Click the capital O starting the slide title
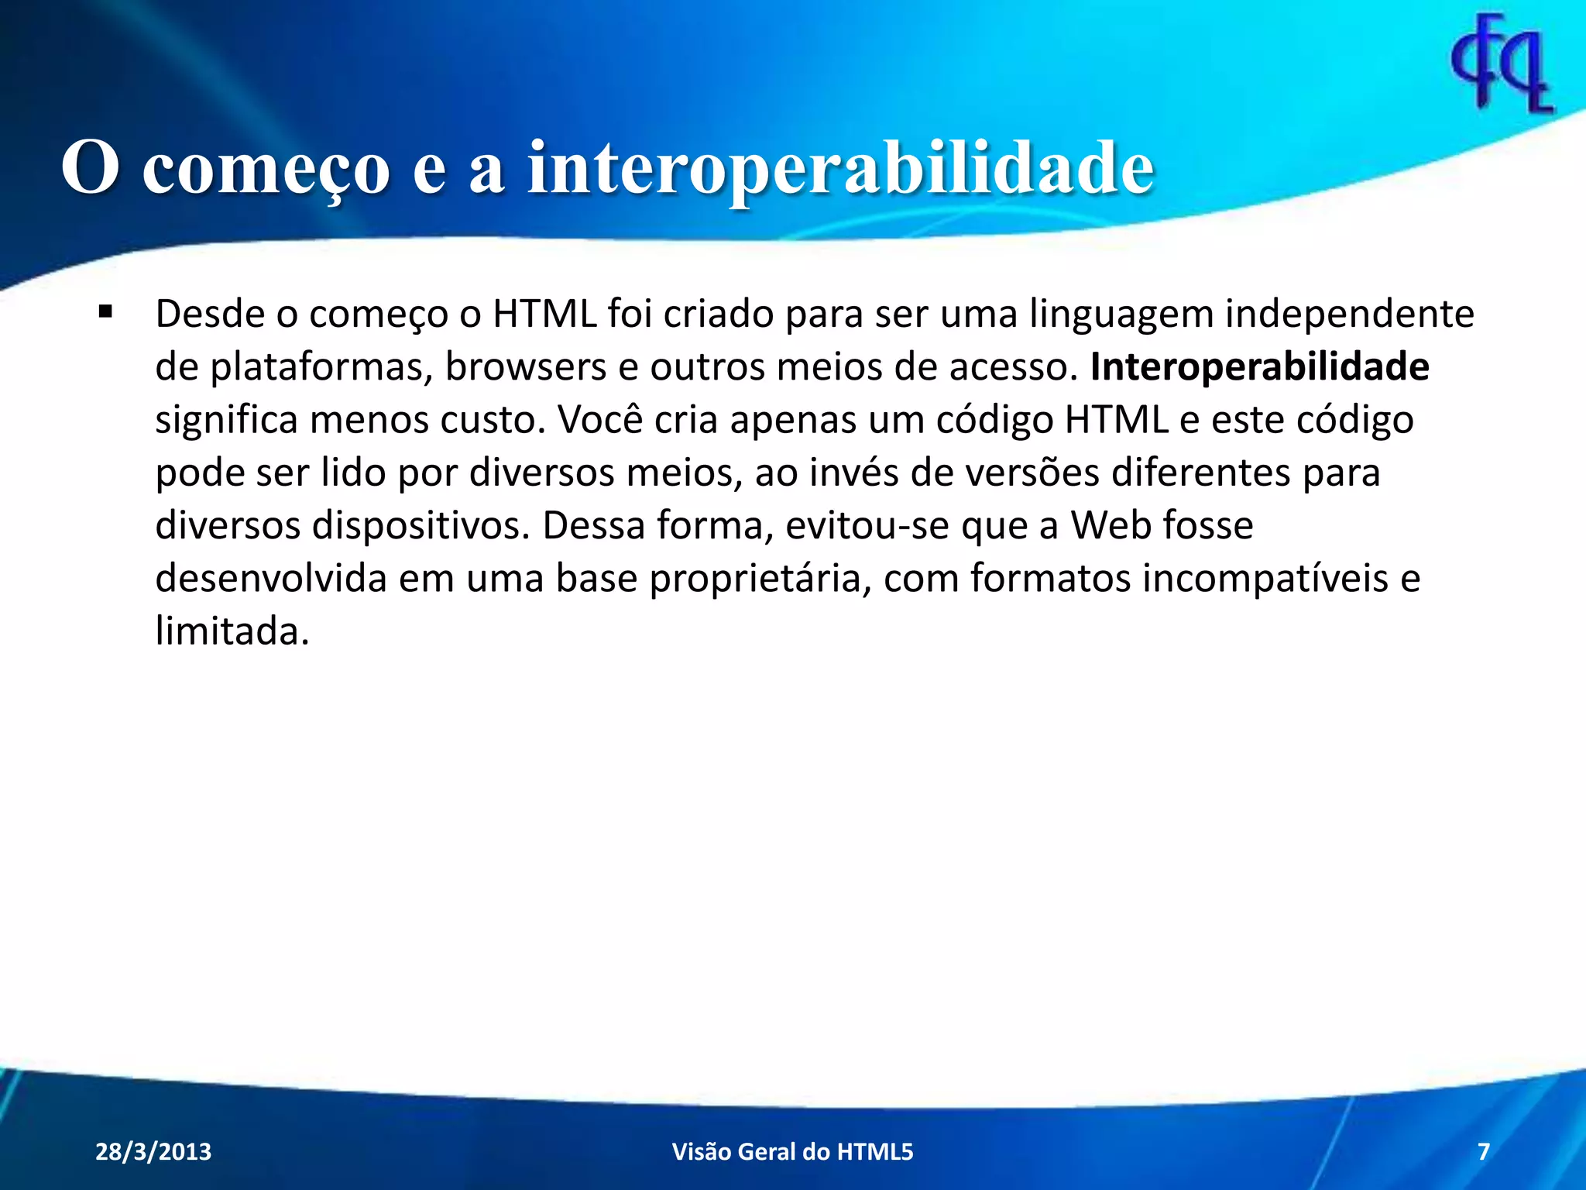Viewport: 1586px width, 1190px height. (90, 168)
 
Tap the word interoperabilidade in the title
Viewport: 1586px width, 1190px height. (840, 168)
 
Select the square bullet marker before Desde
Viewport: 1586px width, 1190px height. (105, 312)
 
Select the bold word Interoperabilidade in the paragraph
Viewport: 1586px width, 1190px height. (1259, 367)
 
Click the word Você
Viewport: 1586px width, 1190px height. (599, 420)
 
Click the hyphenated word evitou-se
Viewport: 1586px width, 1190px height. (867, 526)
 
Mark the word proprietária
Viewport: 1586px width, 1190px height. (755, 579)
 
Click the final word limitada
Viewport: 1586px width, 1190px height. (232, 631)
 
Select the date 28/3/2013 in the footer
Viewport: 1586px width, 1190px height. (153, 1152)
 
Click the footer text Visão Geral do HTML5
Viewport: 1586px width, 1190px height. (792, 1152)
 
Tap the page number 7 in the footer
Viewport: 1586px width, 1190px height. (1483, 1152)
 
